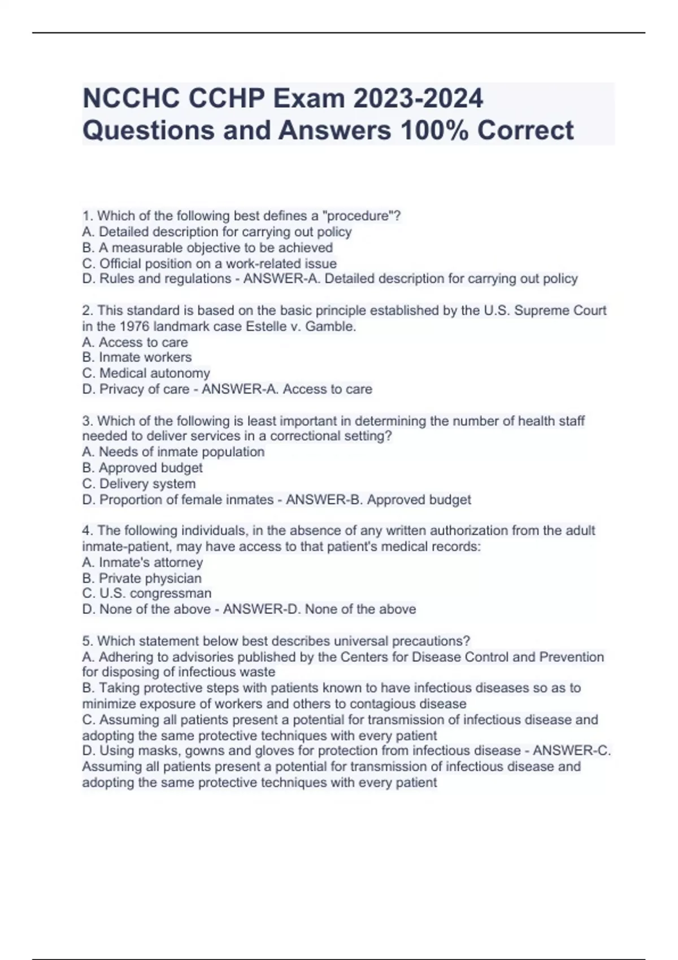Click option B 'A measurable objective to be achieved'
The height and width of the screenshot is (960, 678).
(207, 247)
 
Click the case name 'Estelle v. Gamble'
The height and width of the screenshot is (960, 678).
(301, 326)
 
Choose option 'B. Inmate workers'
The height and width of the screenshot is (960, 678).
(137, 357)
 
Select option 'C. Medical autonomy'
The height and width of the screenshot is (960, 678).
(146, 373)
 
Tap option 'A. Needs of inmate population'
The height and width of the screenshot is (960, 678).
(173, 452)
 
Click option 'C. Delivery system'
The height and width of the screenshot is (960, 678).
(139, 484)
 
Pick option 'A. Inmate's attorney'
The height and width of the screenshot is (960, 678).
(142, 562)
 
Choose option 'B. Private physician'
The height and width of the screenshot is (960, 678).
(142, 578)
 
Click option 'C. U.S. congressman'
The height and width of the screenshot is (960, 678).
(147, 594)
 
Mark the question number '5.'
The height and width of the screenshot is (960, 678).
(88, 642)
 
